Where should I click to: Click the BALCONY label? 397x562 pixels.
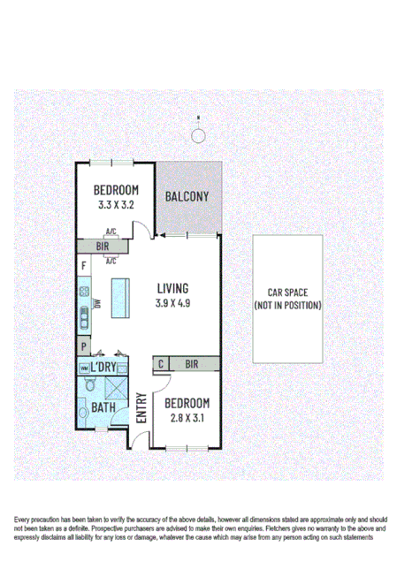tap(187, 196)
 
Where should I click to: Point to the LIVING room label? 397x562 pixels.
tap(173, 288)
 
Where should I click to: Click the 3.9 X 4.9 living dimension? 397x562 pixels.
tap(173, 303)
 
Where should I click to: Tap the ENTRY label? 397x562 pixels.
tap(141, 408)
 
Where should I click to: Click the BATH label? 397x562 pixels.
tap(104, 408)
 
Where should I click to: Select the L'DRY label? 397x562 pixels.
tap(105, 367)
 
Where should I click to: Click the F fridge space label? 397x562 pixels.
tap(83, 266)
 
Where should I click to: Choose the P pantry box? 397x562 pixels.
tap(83, 346)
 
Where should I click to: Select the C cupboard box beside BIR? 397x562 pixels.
tap(161, 363)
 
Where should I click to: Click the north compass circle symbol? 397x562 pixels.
tap(199, 134)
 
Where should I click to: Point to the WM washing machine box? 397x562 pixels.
tap(84, 368)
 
